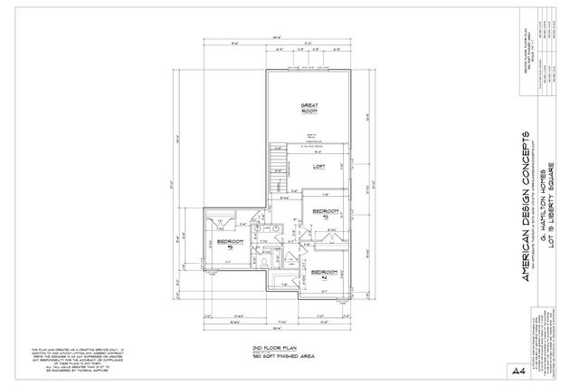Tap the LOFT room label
[318, 168]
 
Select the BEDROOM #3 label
[324, 212]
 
